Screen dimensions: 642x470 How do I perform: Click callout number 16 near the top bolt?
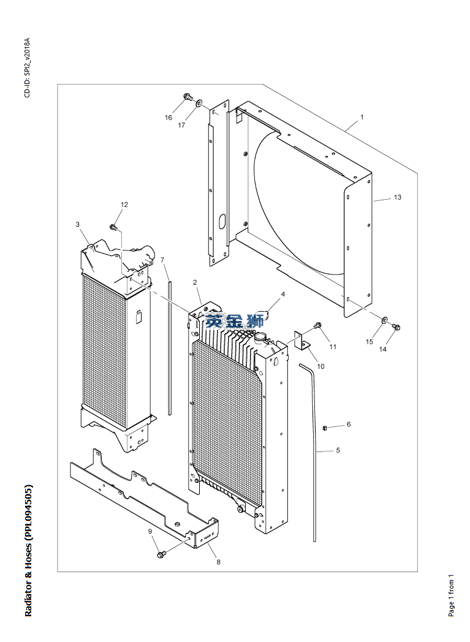pyautogui.click(x=169, y=118)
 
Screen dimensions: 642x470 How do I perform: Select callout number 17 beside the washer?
pyautogui.click(x=181, y=126)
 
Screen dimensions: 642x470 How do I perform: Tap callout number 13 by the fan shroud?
pyautogui.click(x=397, y=197)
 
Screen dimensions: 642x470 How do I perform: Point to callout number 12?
pyautogui.click(x=124, y=204)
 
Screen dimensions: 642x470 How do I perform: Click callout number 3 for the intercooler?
pyautogui.click(x=78, y=224)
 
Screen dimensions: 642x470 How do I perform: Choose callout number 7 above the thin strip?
pyautogui.click(x=163, y=260)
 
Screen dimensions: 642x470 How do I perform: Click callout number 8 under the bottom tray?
pyautogui.click(x=218, y=561)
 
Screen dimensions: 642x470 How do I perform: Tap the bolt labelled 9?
pyautogui.click(x=161, y=554)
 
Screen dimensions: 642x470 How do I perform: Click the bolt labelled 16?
pyautogui.click(x=188, y=97)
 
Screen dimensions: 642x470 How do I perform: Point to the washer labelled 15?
pyautogui.click(x=384, y=320)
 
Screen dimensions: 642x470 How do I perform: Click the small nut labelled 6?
pyautogui.click(x=326, y=427)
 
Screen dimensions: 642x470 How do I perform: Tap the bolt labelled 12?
pyautogui.click(x=113, y=227)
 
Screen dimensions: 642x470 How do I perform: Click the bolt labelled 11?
pyautogui.click(x=317, y=325)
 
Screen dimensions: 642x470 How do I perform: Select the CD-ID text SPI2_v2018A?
pyautogui.click(x=27, y=59)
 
